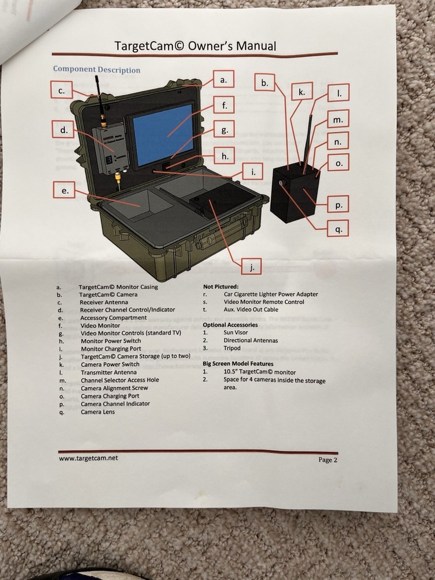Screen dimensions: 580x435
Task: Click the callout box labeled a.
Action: point(223,79)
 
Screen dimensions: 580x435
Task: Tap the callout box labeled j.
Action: point(251,266)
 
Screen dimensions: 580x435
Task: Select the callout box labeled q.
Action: point(338,228)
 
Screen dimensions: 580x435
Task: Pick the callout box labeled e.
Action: point(64,190)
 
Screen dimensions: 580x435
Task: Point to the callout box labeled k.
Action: point(302,92)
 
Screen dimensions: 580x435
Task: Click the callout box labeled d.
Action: point(63,129)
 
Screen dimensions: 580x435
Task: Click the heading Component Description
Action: point(96,70)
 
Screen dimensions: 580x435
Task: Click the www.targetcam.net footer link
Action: point(88,458)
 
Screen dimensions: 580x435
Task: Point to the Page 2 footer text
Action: point(328,460)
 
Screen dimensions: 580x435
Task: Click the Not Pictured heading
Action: point(220,287)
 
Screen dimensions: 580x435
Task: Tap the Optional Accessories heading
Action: point(230,325)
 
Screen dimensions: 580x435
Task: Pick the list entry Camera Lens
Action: point(99,412)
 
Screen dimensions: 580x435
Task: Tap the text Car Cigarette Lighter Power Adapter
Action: point(271,294)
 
